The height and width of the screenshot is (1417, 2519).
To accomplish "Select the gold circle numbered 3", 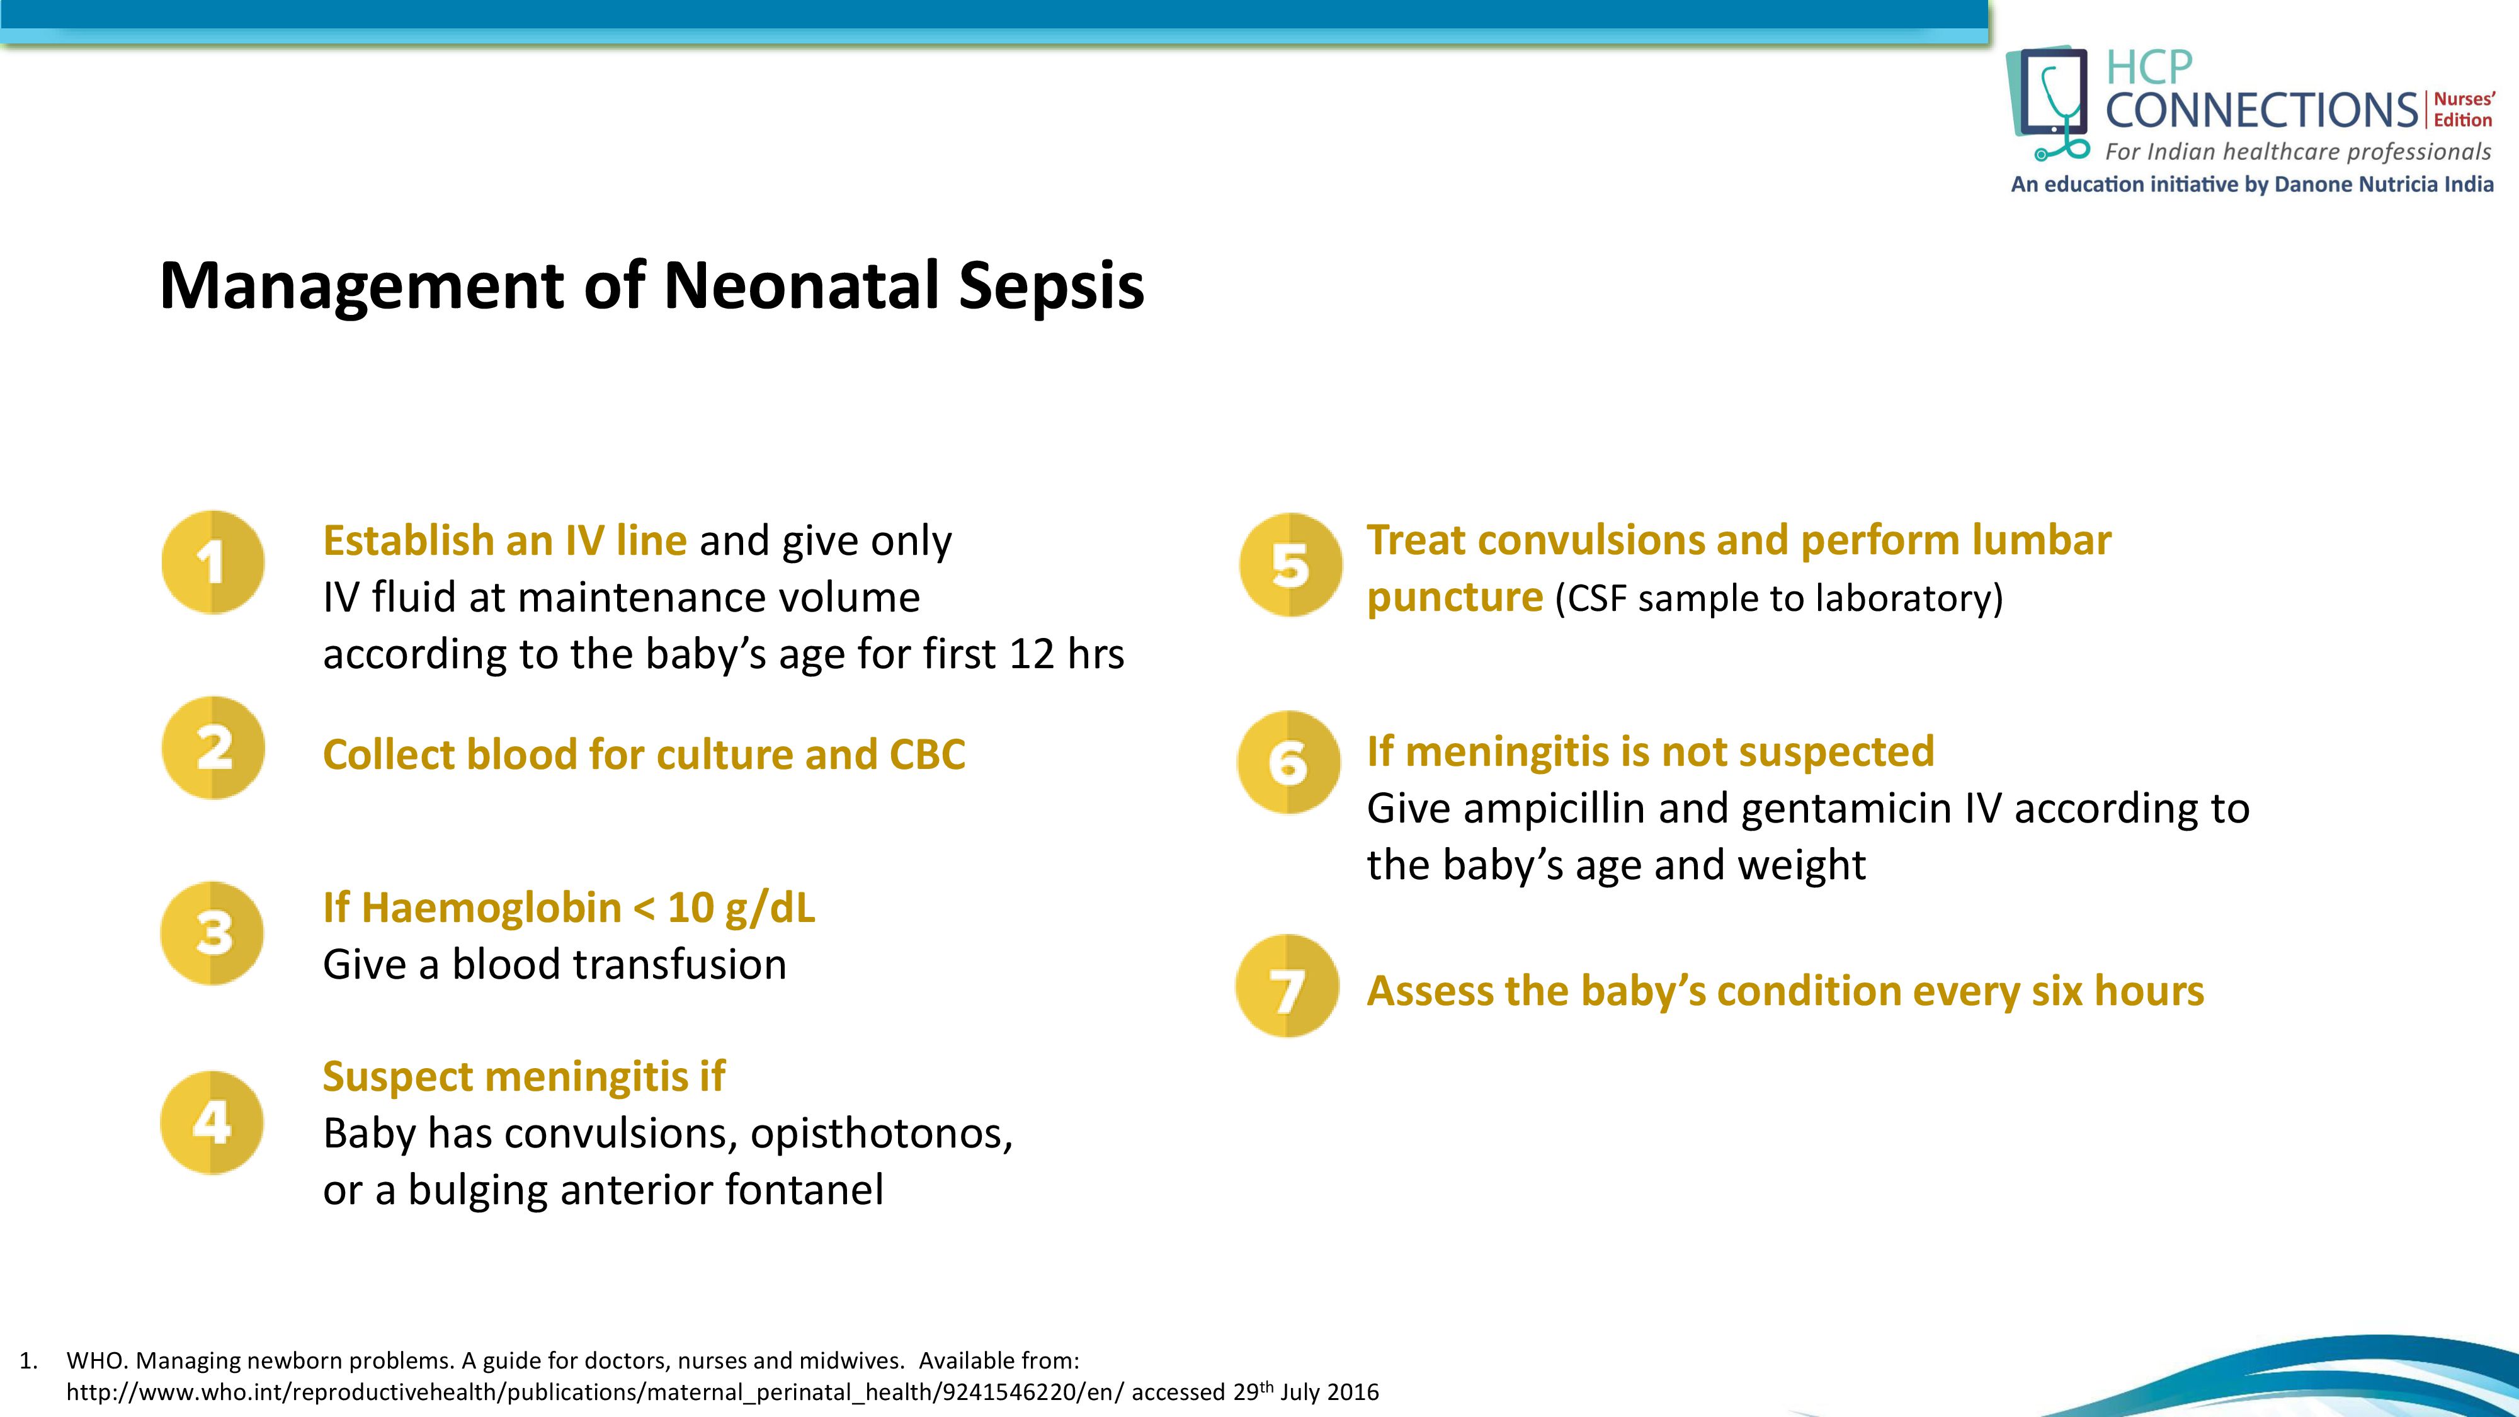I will [x=212, y=933].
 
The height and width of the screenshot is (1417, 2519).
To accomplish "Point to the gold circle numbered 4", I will [x=212, y=1123].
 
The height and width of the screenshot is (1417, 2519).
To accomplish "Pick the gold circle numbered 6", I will [x=1288, y=762].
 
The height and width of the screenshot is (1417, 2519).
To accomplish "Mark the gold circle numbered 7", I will [x=1287, y=987].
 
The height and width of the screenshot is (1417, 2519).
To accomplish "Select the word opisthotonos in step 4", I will [x=881, y=1134].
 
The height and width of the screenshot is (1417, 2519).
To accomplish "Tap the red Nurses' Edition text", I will [x=2463, y=110].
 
